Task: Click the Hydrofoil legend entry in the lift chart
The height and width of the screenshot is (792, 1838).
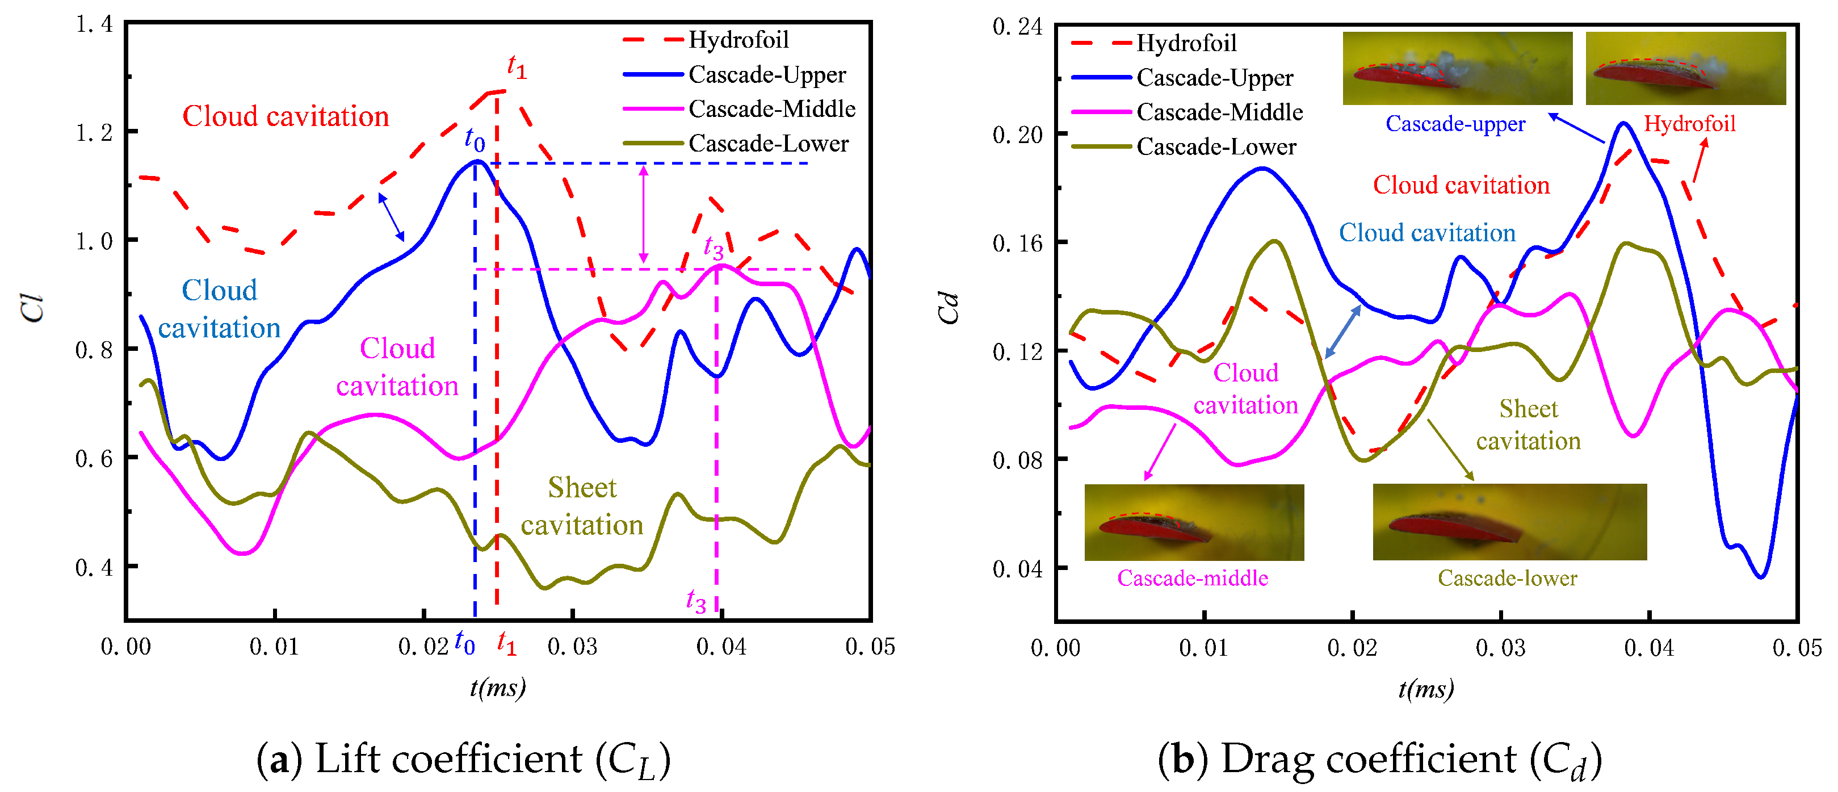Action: [x=706, y=40]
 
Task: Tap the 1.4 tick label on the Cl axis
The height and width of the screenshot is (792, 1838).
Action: [x=94, y=24]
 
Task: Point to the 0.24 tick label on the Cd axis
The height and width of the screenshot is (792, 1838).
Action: [x=1017, y=27]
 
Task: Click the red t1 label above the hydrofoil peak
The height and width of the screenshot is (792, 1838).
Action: [x=517, y=66]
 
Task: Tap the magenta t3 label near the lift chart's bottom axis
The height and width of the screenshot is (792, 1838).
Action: [x=696, y=600]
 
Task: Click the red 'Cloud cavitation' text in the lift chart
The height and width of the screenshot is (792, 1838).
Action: [x=286, y=116]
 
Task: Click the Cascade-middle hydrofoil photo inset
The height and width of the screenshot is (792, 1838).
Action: [x=1194, y=522]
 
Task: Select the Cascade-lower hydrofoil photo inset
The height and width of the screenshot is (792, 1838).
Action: [x=1510, y=522]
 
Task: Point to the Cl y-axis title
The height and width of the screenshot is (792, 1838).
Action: [x=33, y=308]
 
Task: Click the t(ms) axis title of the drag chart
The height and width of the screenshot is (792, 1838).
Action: [x=1425, y=689]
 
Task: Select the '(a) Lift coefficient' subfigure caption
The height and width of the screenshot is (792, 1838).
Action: [x=464, y=759]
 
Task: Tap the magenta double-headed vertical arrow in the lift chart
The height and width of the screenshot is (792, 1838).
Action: [x=644, y=214]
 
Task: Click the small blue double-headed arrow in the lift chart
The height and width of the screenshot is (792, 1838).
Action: [x=391, y=217]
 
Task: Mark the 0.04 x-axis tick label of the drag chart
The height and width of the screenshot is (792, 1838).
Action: [x=1649, y=648]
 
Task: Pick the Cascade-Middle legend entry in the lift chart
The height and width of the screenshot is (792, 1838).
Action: [x=739, y=109]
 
